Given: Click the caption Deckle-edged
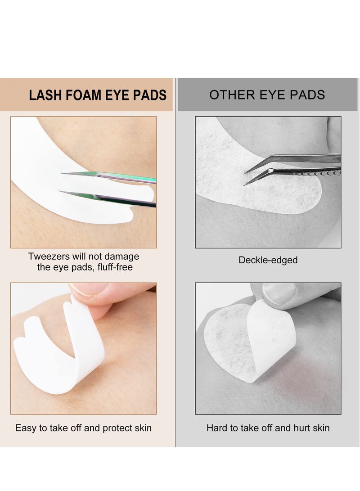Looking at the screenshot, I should (268, 260).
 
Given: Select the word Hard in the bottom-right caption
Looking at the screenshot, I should (216, 428).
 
